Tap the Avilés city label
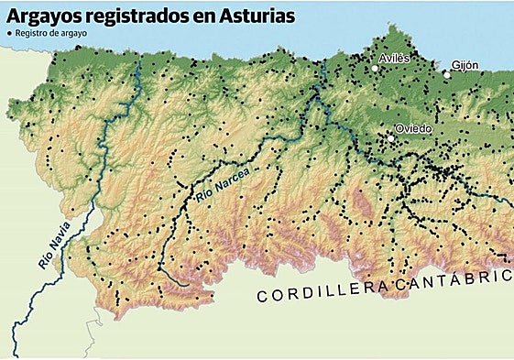coord(394,58)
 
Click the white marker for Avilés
coord(375,68)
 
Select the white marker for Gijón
coord(446,74)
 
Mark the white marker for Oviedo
coord(390,138)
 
